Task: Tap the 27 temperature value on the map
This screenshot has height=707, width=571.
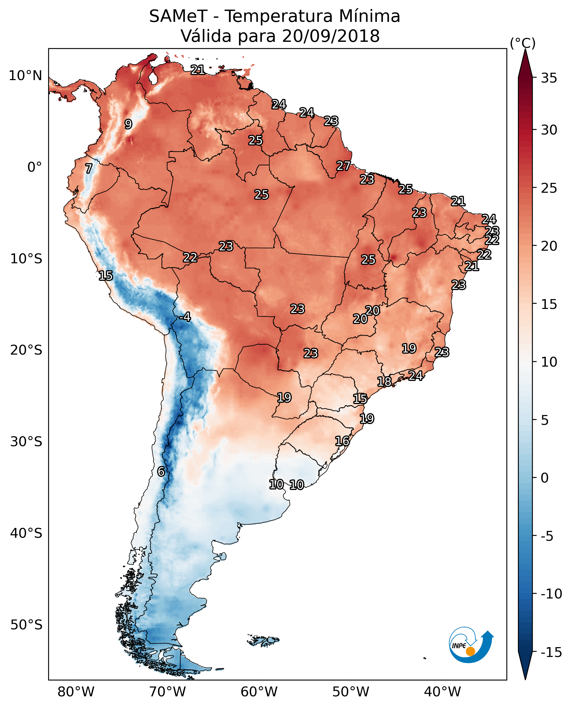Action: [343, 166]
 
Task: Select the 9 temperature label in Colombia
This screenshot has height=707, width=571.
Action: [128, 124]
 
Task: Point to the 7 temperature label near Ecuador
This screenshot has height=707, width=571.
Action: [89, 168]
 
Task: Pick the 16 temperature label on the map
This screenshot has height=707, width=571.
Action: [342, 441]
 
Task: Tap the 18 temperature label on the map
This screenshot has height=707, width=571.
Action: [384, 381]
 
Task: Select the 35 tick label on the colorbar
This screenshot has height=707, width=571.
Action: [549, 78]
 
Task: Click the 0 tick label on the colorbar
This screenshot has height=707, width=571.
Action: [545, 478]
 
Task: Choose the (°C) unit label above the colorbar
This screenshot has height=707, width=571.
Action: [523, 43]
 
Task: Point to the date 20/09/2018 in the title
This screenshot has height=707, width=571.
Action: [331, 36]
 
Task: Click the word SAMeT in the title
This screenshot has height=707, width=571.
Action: [178, 16]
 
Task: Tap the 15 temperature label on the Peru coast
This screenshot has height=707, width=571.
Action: [106, 275]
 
